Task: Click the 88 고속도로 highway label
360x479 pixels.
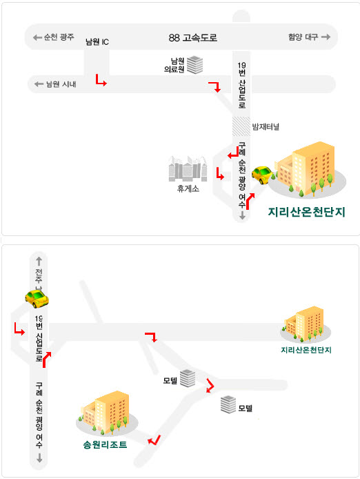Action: [192, 37]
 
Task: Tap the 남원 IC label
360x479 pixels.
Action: [97, 42]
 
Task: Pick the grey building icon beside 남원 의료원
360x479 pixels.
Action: [194, 65]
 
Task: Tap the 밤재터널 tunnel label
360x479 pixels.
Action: [266, 126]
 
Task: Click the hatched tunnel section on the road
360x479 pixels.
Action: [241, 126]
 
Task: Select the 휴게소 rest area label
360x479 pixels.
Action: [188, 188]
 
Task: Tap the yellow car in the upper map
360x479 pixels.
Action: [262, 175]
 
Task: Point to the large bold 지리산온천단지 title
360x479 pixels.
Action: [307, 212]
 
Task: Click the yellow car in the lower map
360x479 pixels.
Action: [37, 298]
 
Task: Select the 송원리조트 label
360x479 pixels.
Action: [105, 444]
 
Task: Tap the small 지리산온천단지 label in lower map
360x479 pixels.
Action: [306, 350]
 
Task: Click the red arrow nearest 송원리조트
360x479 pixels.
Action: [155, 440]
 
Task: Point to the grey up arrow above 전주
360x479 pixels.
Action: [39, 261]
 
